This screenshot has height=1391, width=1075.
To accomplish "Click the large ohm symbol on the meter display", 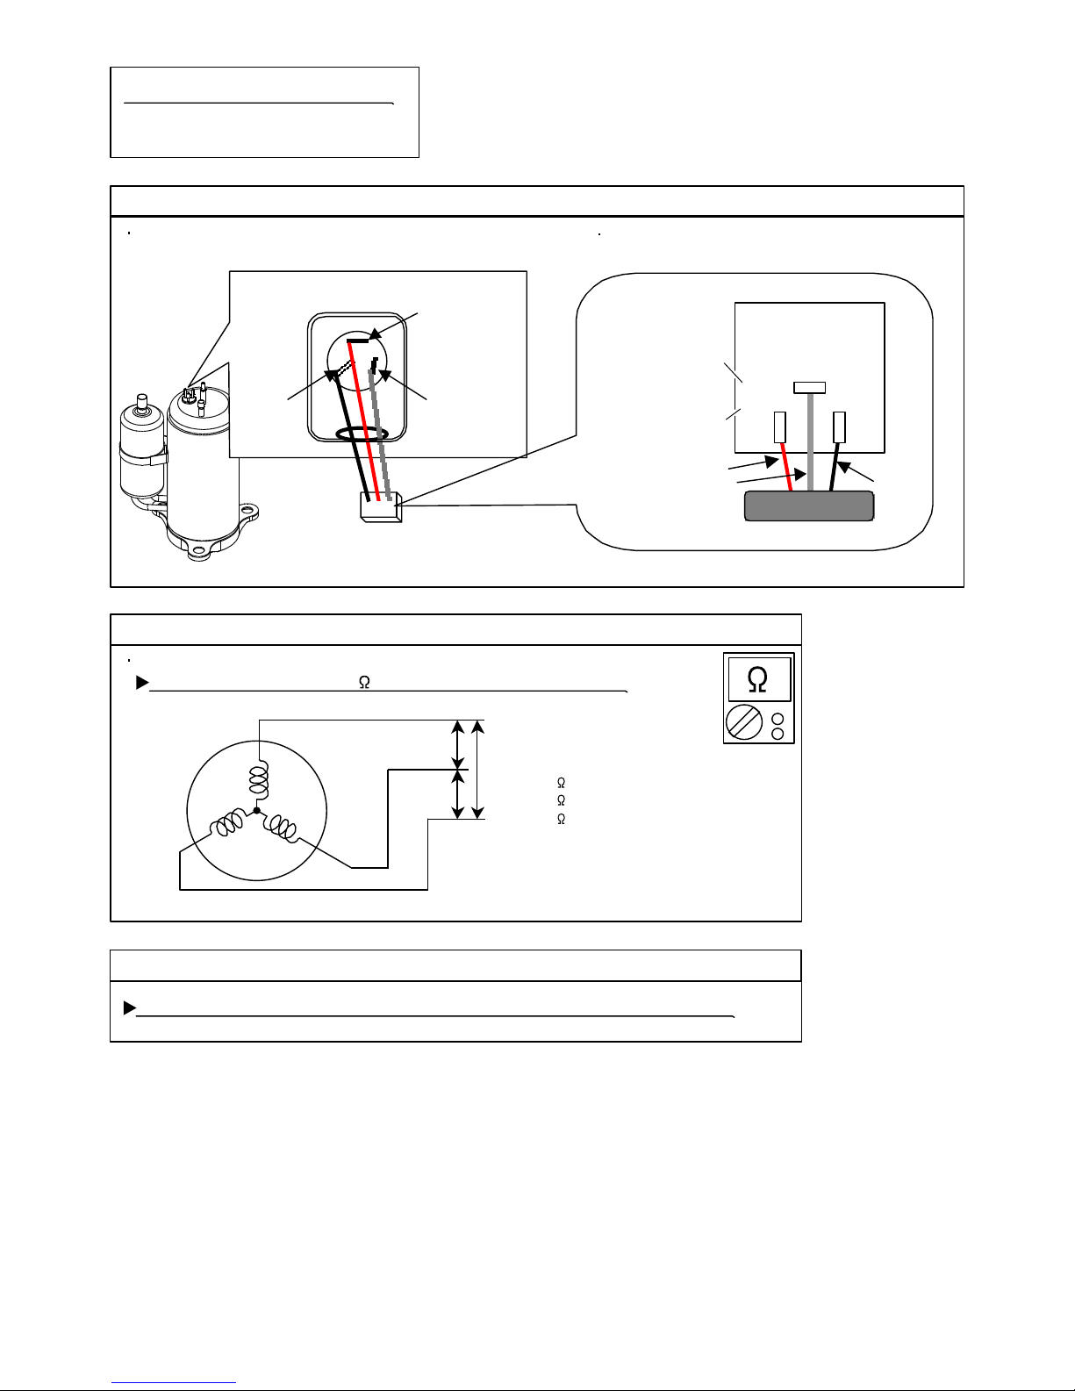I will (x=757, y=680).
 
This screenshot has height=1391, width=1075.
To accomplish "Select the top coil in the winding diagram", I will (x=258, y=777).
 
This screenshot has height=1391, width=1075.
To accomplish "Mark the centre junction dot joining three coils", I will (x=256, y=810).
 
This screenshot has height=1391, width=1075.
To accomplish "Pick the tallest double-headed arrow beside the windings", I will (x=477, y=769).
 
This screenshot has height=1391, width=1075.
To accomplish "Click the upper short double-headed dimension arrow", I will (x=458, y=744).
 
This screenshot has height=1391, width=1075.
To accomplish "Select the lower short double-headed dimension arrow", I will (x=458, y=793).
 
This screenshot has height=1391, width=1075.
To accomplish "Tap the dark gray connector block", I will (x=808, y=506).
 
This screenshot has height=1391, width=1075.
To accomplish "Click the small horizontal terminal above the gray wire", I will (x=808, y=387).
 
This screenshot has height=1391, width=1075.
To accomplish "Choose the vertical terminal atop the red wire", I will (x=779, y=427).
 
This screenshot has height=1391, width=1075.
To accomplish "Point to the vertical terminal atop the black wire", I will (x=839, y=427).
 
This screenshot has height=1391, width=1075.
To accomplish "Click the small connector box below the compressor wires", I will (x=380, y=507).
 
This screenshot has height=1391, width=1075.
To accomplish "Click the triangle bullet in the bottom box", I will (x=130, y=1007).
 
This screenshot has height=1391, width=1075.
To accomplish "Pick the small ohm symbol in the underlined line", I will (x=364, y=683).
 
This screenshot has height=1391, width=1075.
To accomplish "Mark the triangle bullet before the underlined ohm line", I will (x=142, y=683).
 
